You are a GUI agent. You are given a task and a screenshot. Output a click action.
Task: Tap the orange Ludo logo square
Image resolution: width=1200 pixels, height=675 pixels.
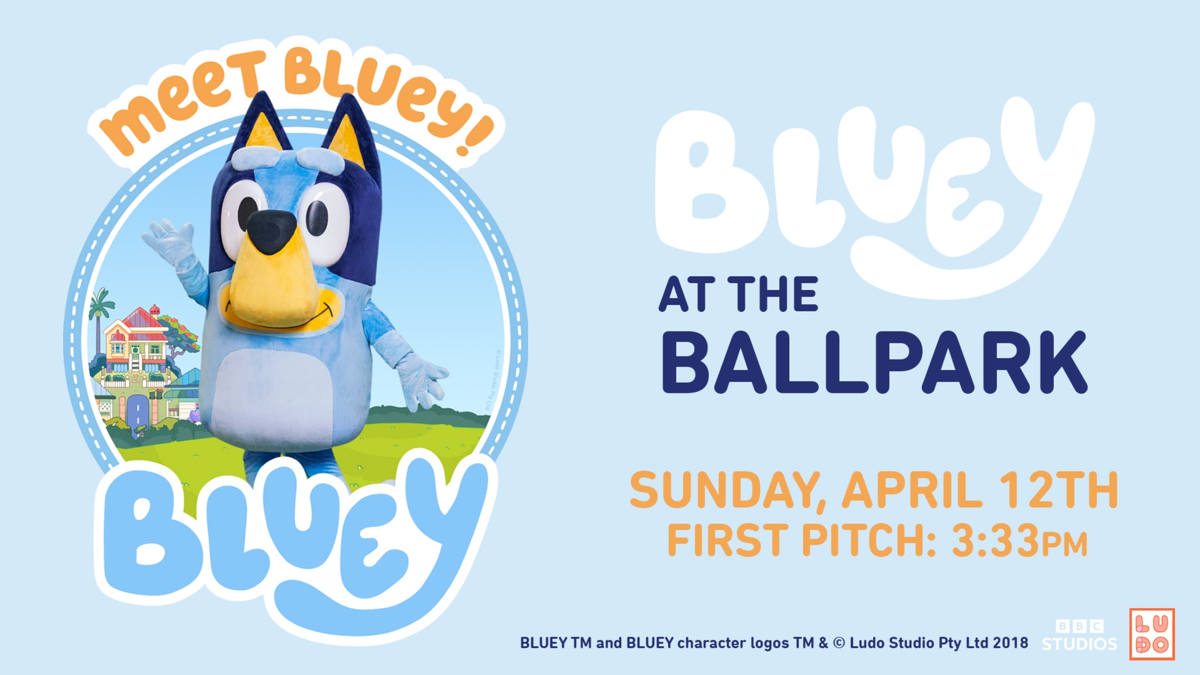1152,634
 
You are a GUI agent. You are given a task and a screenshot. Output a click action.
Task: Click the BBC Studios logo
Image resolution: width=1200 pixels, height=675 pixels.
1079,635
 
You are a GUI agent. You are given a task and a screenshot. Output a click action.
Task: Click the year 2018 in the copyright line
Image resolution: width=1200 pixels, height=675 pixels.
1010,643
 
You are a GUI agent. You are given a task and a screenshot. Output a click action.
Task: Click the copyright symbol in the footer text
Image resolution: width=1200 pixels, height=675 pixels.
839,643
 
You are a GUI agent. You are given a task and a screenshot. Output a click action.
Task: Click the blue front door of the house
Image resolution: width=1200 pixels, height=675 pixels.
137,410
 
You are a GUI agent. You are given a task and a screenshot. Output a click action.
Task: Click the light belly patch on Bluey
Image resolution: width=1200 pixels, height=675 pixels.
272,397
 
